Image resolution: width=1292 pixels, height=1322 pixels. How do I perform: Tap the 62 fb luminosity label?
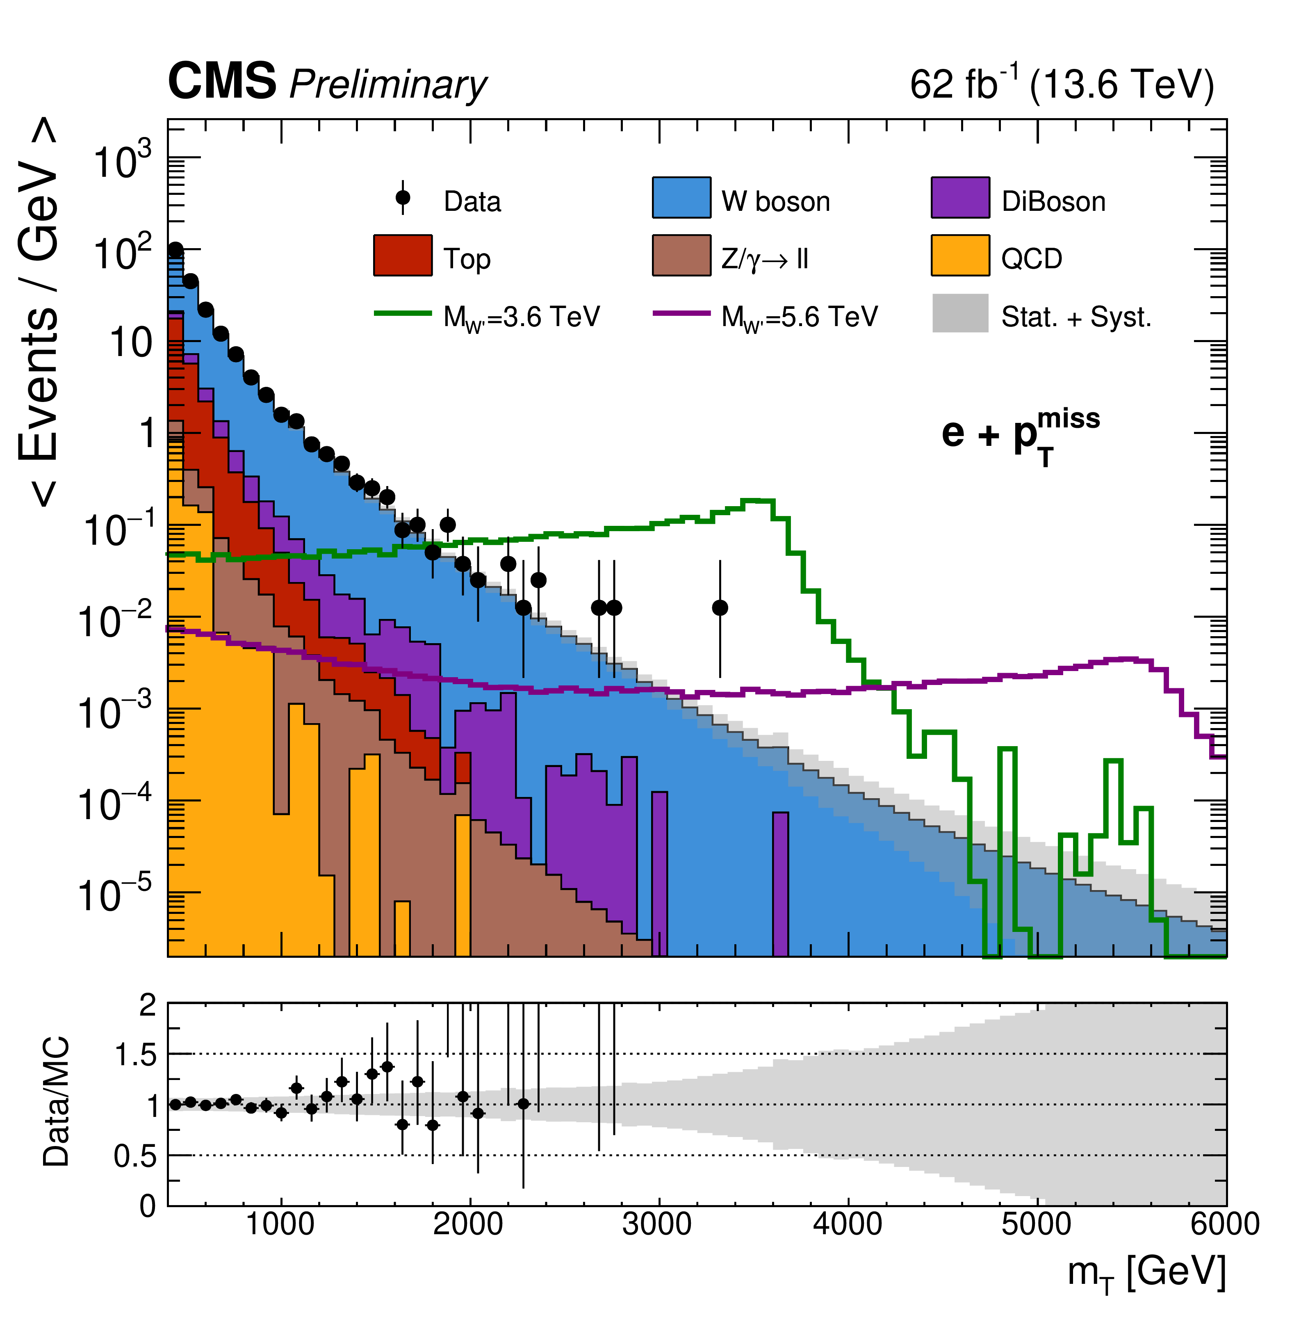(x=964, y=84)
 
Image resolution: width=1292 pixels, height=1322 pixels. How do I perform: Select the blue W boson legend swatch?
(x=681, y=197)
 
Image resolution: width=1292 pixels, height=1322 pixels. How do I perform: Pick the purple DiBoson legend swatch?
(x=959, y=197)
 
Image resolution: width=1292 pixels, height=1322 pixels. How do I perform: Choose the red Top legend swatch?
(x=402, y=255)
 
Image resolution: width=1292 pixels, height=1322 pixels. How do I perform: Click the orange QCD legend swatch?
(x=959, y=255)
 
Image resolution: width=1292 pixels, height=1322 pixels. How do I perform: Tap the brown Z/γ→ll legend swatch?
(x=681, y=255)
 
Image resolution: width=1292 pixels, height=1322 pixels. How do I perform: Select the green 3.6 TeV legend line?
(x=402, y=313)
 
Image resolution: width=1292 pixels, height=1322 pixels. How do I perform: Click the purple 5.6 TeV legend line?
(x=681, y=313)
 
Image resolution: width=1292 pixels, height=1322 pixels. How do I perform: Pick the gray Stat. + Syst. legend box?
(x=959, y=313)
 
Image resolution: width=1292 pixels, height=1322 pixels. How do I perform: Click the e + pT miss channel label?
(x=1020, y=434)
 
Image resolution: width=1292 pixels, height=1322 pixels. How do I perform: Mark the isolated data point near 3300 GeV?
(x=720, y=607)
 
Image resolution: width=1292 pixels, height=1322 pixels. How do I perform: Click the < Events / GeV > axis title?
(x=39, y=312)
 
